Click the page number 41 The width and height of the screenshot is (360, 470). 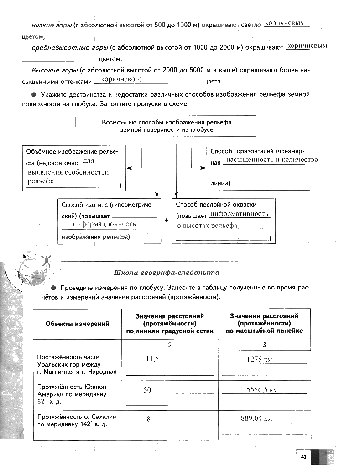tap(303, 456)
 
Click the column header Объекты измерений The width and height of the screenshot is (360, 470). tap(77, 324)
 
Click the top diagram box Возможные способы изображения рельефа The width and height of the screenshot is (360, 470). tap(167, 126)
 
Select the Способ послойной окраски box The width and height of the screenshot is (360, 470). tap(224, 221)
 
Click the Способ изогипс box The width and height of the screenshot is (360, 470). tap(110, 221)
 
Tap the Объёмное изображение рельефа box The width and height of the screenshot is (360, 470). tap(74, 168)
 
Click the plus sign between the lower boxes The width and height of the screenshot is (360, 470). tap(167, 221)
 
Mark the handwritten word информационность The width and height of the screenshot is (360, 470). tap(104, 224)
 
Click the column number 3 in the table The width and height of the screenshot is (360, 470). tap(264, 345)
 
